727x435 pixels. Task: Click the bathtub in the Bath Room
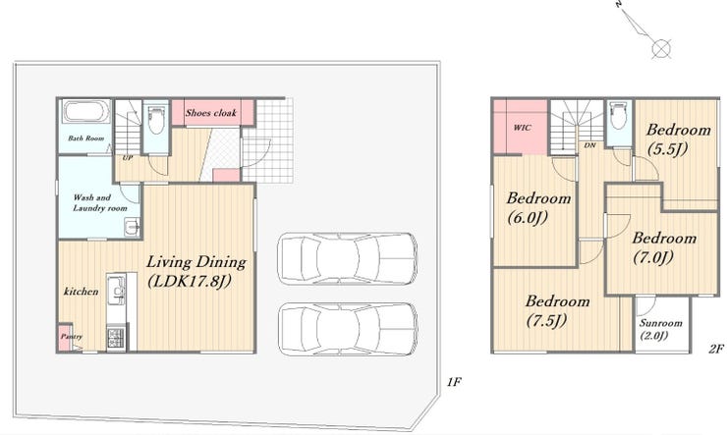pos(86,111)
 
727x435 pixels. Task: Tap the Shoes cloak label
pos(211,113)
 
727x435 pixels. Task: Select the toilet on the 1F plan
pos(156,119)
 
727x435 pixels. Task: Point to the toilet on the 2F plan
pos(619,116)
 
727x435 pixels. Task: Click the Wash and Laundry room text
pos(99,203)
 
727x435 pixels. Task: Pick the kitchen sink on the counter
pos(116,291)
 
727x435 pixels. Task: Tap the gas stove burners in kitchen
pos(116,338)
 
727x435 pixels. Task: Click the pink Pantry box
pos(66,337)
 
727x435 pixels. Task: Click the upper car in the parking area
pos(347,258)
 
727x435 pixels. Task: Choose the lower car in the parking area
pos(348,329)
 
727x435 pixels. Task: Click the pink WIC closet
pos(521,127)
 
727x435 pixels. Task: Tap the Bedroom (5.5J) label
pos(678,139)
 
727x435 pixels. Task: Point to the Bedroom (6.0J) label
pos(538,207)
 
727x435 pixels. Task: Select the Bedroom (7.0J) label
pos(664,247)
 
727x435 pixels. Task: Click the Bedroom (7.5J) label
pos(557,311)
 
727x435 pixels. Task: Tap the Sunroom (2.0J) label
pos(661,329)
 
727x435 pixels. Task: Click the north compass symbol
pos(646,30)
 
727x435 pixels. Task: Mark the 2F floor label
pos(716,349)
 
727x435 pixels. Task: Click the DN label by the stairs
pos(589,145)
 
